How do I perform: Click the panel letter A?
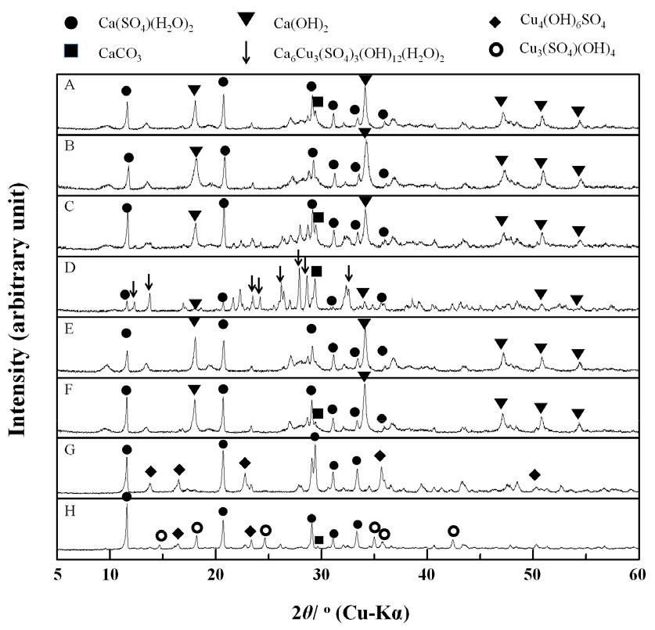pyautogui.click(x=70, y=86)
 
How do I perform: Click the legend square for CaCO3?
pyautogui.click(x=72, y=52)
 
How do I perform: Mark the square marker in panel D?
pyautogui.click(x=316, y=271)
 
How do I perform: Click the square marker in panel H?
pyautogui.click(x=319, y=540)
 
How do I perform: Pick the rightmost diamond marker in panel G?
pyautogui.click(x=534, y=474)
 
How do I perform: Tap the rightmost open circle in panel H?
pyautogui.click(x=454, y=531)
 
